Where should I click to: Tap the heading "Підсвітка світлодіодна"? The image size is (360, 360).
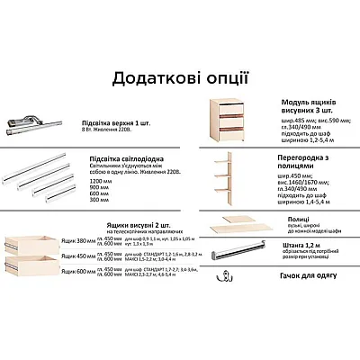tap(125, 158)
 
